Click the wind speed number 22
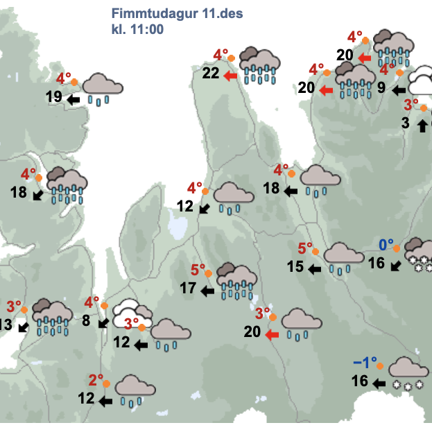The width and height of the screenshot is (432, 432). click(211, 75)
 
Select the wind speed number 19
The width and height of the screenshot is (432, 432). click(54, 97)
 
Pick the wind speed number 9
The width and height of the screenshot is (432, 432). click(381, 88)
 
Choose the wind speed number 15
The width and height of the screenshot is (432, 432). click(295, 267)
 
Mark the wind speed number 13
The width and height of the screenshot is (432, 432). click(5, 325)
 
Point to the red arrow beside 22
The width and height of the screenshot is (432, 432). click(231, 76)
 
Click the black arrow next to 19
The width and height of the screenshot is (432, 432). click(73, 98)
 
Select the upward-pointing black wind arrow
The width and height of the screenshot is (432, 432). click(422, 126)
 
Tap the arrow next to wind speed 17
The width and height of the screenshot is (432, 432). click(207, 291)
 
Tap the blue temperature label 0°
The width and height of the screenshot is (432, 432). click(386, 245)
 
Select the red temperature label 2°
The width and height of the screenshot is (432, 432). click(96, 380)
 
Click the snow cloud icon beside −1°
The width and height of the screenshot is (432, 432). click(408, 374)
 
